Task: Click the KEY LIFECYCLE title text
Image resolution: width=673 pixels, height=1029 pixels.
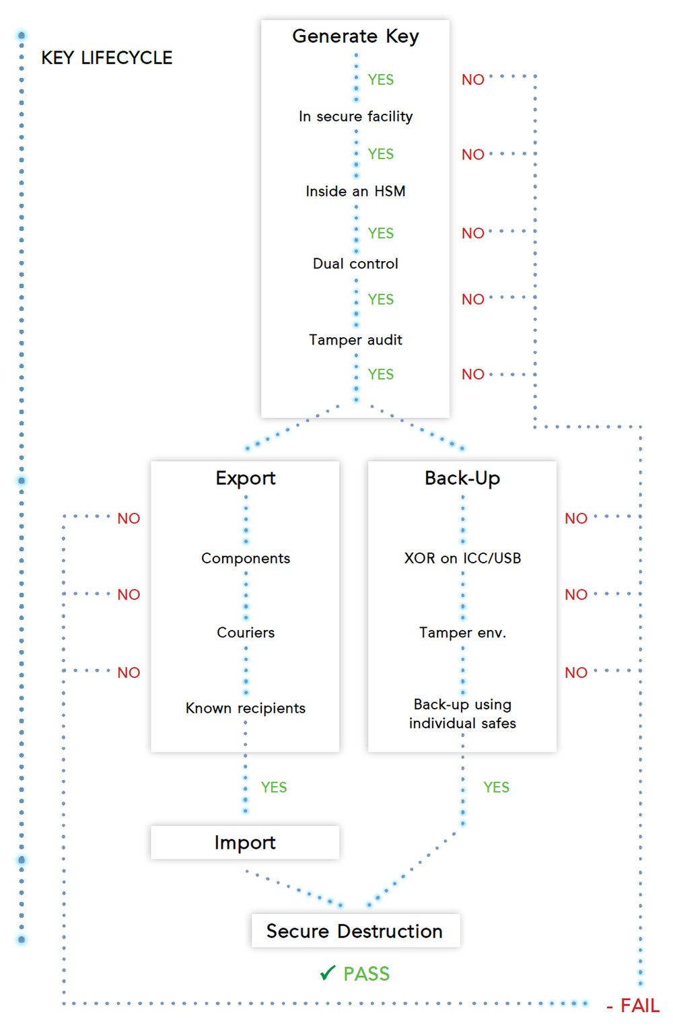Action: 106,58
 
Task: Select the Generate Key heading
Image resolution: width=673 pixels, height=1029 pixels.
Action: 355,36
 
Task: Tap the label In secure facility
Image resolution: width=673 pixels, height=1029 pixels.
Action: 355,116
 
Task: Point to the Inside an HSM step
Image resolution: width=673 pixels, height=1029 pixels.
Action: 355,191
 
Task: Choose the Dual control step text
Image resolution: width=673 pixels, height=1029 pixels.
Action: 355,264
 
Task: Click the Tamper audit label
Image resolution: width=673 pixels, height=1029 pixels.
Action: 355,340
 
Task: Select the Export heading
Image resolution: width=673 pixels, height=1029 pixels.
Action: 246,478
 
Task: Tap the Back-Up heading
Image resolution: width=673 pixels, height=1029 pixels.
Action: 462,478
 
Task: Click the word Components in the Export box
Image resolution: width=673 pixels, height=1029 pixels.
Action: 246,559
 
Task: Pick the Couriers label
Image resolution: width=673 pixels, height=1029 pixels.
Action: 246,633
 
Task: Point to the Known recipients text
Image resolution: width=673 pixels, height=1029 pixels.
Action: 246,708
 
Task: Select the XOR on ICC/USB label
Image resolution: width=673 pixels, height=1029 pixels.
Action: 462,559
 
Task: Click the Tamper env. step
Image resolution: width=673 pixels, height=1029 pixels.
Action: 462,633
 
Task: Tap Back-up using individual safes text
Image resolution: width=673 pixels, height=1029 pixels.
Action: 462,714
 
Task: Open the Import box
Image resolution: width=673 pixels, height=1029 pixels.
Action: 245,843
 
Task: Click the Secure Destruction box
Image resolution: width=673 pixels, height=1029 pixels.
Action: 355,931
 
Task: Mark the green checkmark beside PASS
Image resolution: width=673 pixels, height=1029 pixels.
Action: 327,973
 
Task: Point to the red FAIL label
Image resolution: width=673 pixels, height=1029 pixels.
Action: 639,1006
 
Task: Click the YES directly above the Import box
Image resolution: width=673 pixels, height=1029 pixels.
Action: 274,787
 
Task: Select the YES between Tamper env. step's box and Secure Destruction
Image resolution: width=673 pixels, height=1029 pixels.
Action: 497,787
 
